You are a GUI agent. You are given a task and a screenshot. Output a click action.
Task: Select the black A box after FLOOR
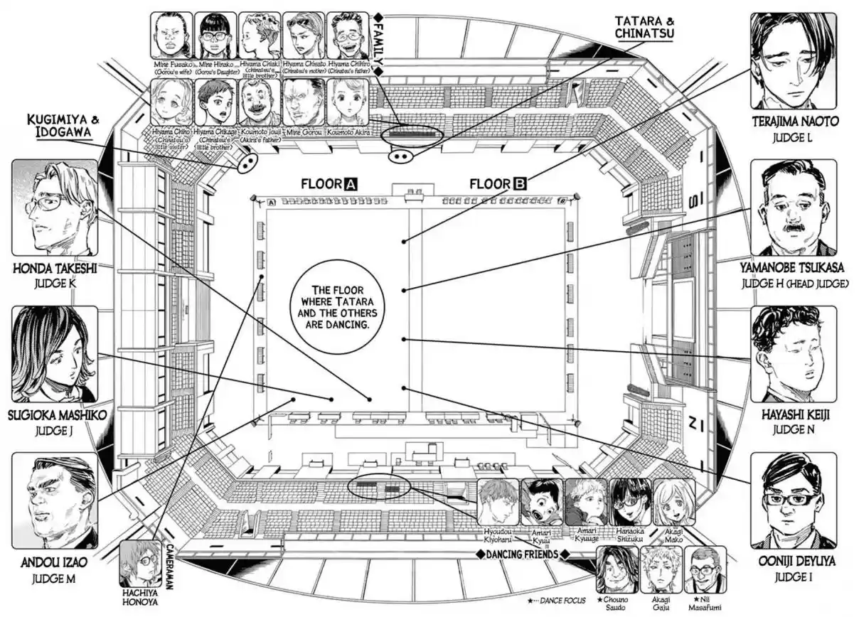(350, 184)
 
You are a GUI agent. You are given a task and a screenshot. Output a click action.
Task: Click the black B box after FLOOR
(520, 184)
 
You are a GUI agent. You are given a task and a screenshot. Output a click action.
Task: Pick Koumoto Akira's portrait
(348, 102)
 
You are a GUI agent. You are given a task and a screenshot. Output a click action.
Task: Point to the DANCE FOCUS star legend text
(562, 601)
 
